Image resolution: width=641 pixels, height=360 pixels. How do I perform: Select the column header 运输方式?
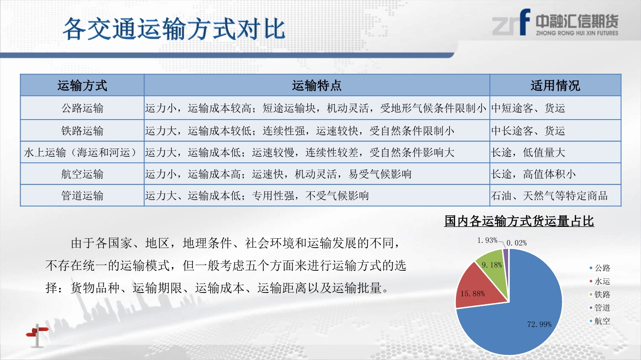coord(82,85)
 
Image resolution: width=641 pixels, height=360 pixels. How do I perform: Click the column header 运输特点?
coord(317,85)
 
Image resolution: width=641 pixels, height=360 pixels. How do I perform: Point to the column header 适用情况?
coord(555,85)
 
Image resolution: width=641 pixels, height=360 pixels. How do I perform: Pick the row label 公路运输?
coord(82,108)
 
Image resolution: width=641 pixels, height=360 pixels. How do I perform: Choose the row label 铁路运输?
coord(82,131)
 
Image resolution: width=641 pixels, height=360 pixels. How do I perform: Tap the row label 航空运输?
coord(82,174)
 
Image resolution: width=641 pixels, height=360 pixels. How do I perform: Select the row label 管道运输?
coord(82,196)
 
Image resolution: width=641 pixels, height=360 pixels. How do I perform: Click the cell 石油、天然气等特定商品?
coord(550,196)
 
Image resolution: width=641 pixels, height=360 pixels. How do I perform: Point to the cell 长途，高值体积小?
coord(533,174)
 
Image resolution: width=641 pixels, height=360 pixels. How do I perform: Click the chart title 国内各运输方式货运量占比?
coord(519,221)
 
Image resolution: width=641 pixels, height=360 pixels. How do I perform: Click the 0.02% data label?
coord(517,243)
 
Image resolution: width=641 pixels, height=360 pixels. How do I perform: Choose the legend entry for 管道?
coord(600,307)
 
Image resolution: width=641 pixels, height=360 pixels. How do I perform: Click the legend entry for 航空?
coord(600,321)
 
